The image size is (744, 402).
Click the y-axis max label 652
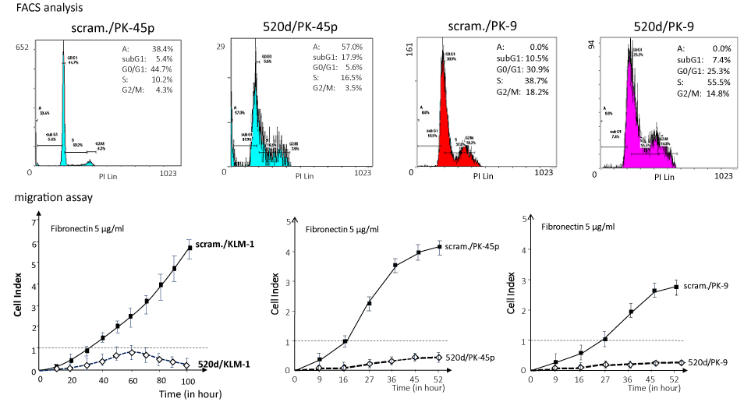click(21, 48)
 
